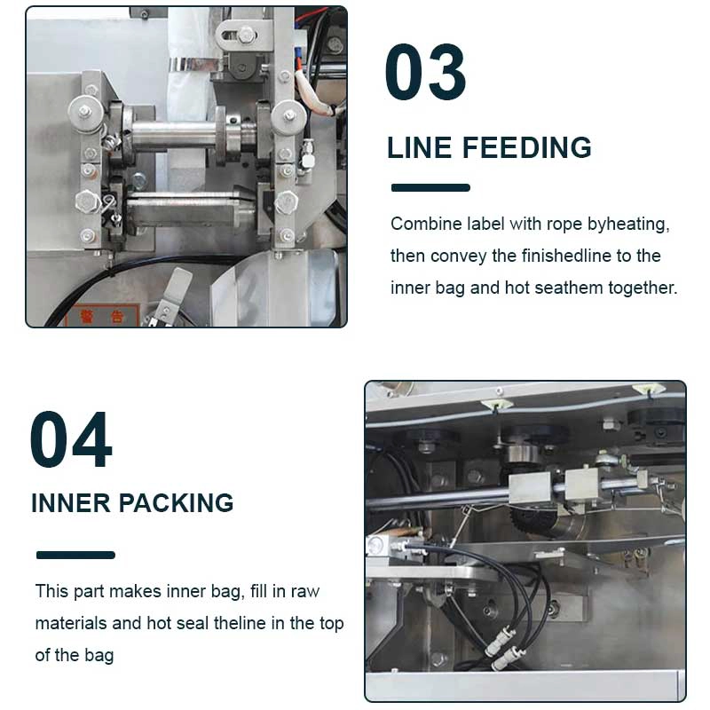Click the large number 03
(425, 72)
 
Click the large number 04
(71, 439)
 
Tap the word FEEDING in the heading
(526, 147)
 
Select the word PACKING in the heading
(176, 502)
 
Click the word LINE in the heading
(420, 147)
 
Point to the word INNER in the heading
(71, 502)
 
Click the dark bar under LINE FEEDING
(430, 187)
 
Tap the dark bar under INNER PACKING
(75, 555)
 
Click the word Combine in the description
(419, 225)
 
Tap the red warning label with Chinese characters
(103, 316)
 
